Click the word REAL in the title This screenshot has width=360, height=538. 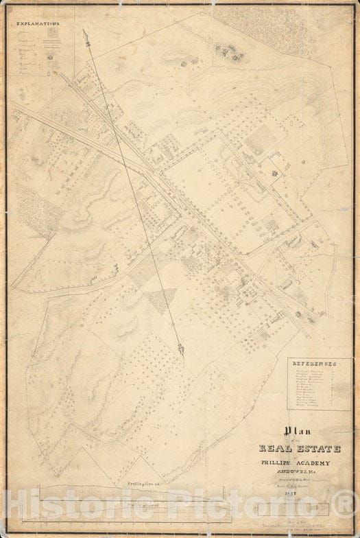click(x=275, y=450)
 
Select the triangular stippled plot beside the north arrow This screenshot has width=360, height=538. click(x=162, y=299)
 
